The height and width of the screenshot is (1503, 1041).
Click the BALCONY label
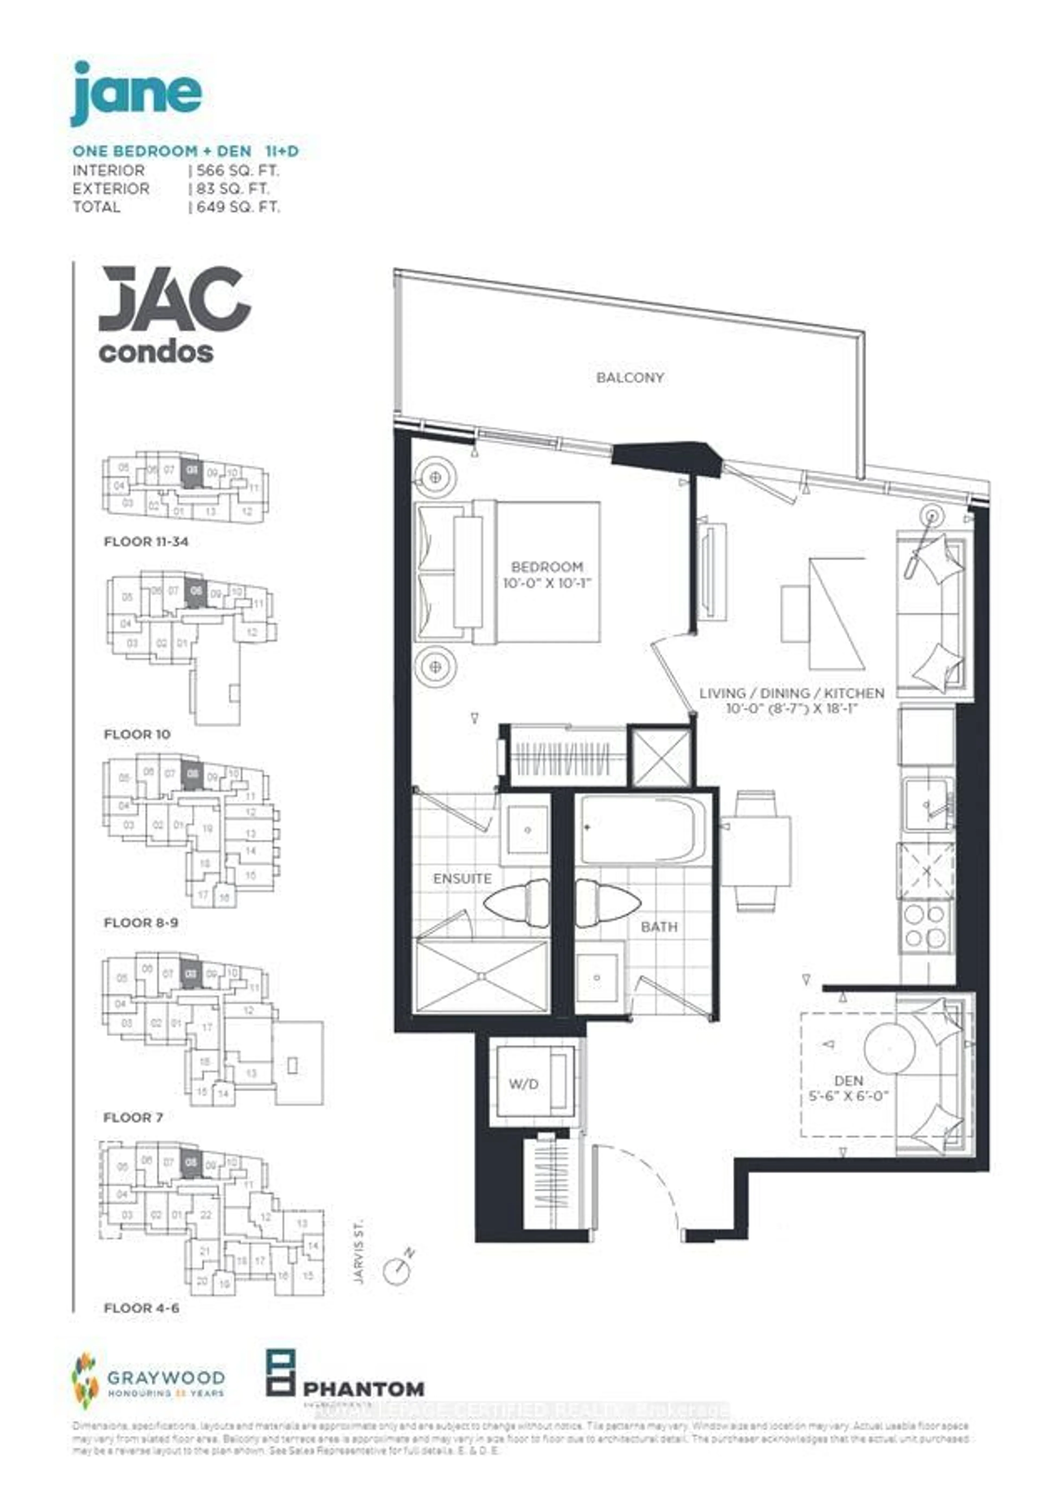tap(629, 377)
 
